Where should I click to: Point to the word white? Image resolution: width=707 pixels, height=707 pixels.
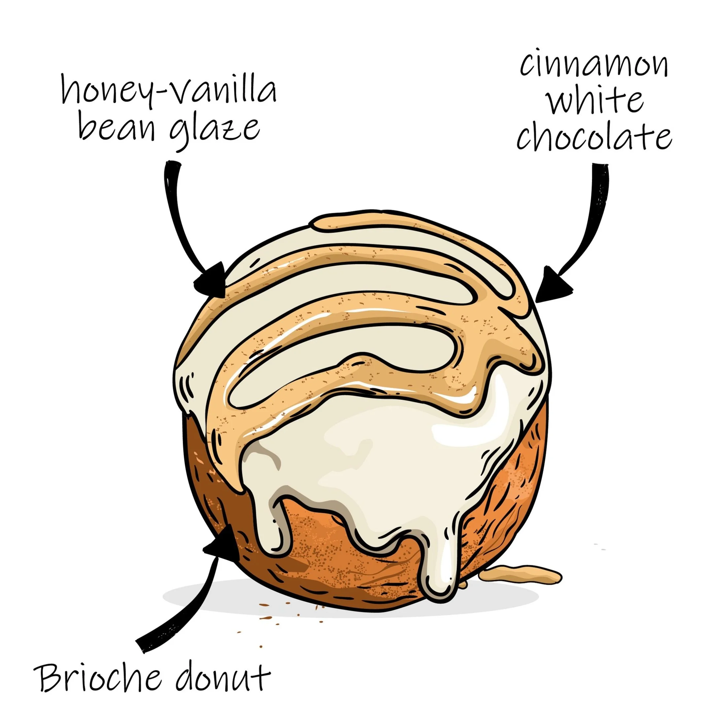pos(595,100)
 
